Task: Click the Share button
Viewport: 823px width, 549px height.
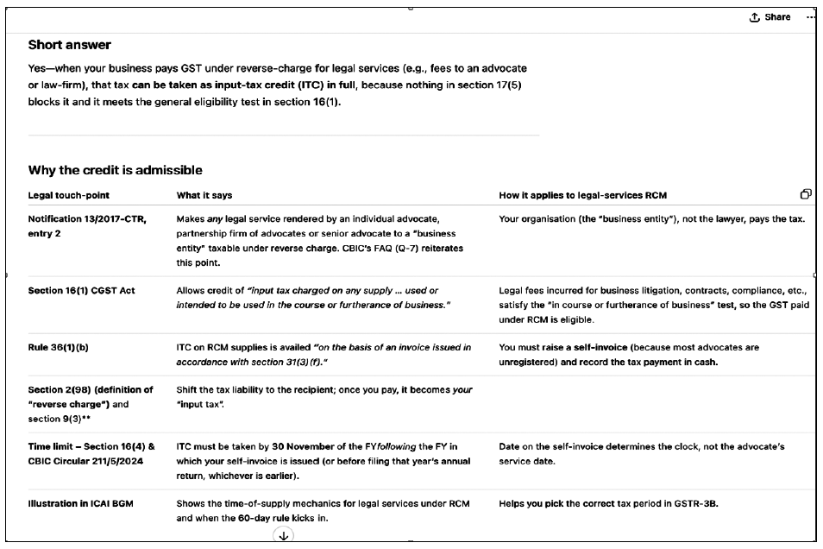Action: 770,17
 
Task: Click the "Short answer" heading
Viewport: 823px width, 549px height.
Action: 70,44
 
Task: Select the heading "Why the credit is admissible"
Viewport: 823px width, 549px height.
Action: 115,170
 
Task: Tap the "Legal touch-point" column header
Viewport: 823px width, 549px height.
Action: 69,195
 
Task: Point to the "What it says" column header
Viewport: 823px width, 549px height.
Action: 204,195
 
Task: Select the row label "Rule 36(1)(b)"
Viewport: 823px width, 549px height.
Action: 61,347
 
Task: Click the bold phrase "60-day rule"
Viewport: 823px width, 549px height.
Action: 276,519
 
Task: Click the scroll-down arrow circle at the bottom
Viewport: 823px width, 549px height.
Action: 282,536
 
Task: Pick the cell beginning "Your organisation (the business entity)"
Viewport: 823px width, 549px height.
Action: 651,218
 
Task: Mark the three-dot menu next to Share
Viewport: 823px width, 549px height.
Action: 810,17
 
